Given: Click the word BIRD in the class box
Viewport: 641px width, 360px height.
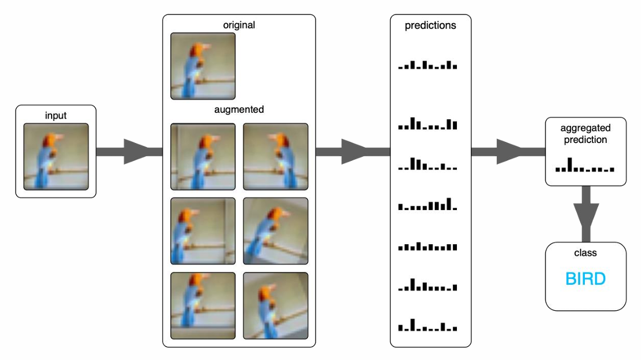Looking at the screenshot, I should point(585,280).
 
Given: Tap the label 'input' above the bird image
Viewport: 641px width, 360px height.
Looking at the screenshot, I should point(56,116).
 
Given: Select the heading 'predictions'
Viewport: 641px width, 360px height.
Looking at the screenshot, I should point(431,25).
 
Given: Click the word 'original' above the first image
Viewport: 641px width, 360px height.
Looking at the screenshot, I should point(239,25).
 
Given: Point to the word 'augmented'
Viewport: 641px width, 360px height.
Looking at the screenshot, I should point(239,109).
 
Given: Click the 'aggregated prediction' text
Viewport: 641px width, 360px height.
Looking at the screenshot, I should point(585,134).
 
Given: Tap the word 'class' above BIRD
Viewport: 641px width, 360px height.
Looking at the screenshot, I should point(585,253).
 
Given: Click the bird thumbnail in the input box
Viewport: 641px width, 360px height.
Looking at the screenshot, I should point(56,156).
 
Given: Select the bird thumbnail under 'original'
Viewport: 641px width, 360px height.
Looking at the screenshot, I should point(203,66).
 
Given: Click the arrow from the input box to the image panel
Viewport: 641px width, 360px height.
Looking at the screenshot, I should point(130,152).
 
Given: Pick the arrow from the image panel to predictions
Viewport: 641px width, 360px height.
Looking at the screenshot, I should point(353,152).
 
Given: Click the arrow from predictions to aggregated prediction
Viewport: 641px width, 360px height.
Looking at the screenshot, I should point(508,152).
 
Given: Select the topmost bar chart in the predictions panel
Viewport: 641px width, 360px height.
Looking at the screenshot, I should point(428,65).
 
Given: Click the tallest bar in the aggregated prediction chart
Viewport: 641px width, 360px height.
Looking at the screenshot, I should point(570,164).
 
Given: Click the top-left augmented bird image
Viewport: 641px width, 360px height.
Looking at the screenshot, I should point(203,156).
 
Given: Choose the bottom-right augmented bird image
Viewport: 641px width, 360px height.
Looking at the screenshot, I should point(276,306).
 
